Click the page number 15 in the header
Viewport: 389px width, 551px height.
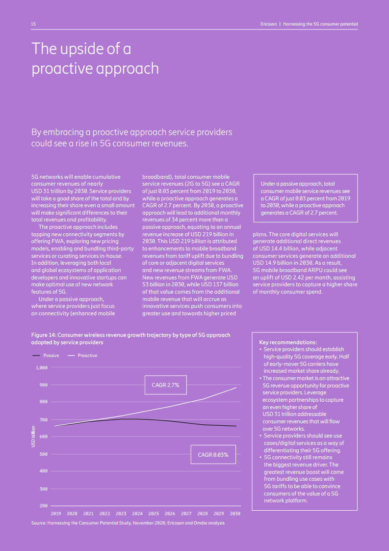[x=33, y=24]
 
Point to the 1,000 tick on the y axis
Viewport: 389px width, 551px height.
[x=42, y=367]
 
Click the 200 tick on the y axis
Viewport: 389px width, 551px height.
[x=44, y=506]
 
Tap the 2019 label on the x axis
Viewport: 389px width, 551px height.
[x=56, y=513]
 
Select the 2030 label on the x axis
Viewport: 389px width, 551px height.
[x=235, y=513]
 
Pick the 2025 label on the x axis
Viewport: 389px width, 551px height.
[x=154, y=513]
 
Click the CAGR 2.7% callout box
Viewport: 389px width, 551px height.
[x=165, y=386]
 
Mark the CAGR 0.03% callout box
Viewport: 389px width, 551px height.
[x=213, y=455]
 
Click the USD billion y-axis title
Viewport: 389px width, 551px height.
[x=33, y=436]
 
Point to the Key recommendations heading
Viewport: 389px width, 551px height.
[x=287, y=342]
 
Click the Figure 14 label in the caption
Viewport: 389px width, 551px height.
[x=45, y=335]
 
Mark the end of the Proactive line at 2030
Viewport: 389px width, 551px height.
[x=236, y=388]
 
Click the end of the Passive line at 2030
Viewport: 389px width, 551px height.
[x=236, y=426]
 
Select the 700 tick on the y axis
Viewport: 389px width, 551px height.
[x=44, y=419]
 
